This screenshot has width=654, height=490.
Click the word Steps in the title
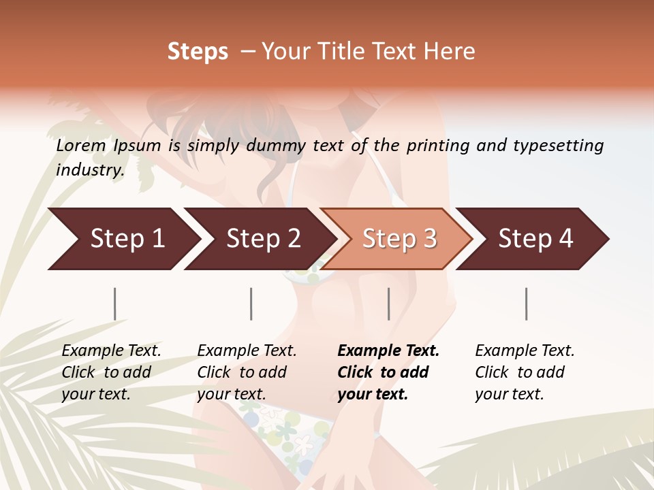click(198, 52)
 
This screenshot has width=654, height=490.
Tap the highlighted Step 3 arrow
click(399, 239)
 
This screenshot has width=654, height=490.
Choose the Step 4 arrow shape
click(535, 239)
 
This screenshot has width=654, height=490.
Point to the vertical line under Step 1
click(115, 304)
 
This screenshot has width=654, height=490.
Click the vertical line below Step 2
click(251, 304)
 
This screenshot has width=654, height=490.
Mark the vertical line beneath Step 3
click(388, 304)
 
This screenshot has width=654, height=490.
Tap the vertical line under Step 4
click(526, 304)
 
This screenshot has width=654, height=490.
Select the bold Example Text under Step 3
click(388, 372)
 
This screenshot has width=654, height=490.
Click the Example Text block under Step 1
click(111, 372)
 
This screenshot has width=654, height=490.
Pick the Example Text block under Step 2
click(247, 372)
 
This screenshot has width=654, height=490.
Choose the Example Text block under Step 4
click(525, 372)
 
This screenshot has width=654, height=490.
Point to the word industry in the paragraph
click(89, 170)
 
